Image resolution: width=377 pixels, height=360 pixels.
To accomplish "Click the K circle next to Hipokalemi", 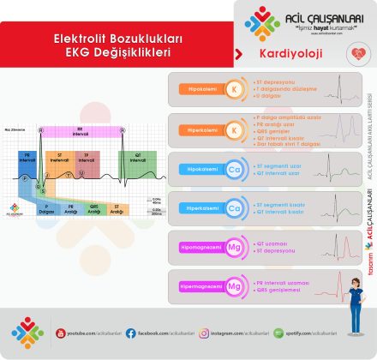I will (233, 88).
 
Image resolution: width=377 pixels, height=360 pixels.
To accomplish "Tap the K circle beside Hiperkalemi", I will (233, 129).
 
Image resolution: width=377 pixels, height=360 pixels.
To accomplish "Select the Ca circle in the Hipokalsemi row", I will (233, 169).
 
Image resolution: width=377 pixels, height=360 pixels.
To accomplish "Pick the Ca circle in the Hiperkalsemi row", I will (233, 207).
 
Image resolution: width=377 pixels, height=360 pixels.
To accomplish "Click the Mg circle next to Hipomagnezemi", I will (233, 246).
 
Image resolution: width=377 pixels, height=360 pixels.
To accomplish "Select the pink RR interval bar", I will (81, 130).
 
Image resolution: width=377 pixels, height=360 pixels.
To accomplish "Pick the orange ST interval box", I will (59, 159).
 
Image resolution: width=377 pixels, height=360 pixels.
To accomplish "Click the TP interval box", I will (85, 159).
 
